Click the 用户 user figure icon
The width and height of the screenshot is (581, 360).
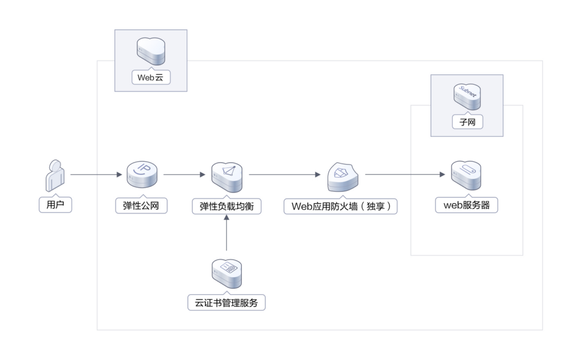[54, 176]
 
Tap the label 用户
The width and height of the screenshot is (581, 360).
[55, 204]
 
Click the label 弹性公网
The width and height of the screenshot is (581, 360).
[141, 205]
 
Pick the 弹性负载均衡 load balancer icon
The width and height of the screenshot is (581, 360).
[226, 176]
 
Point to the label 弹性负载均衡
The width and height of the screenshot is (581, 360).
[226, 207]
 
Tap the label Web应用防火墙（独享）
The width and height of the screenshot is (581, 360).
[341, 207]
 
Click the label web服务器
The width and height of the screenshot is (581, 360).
[466, 205]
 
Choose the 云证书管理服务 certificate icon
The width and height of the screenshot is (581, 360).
[226, 274]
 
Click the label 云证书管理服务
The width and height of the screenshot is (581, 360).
[226, 303]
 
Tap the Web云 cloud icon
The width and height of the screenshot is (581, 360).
[151, 51]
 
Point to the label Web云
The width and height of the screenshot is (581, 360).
[151, 77]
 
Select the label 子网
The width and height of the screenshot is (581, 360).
[466, 122]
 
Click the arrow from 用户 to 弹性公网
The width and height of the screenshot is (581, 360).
[96, 175]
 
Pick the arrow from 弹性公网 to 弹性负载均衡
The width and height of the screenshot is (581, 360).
[182, 175]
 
